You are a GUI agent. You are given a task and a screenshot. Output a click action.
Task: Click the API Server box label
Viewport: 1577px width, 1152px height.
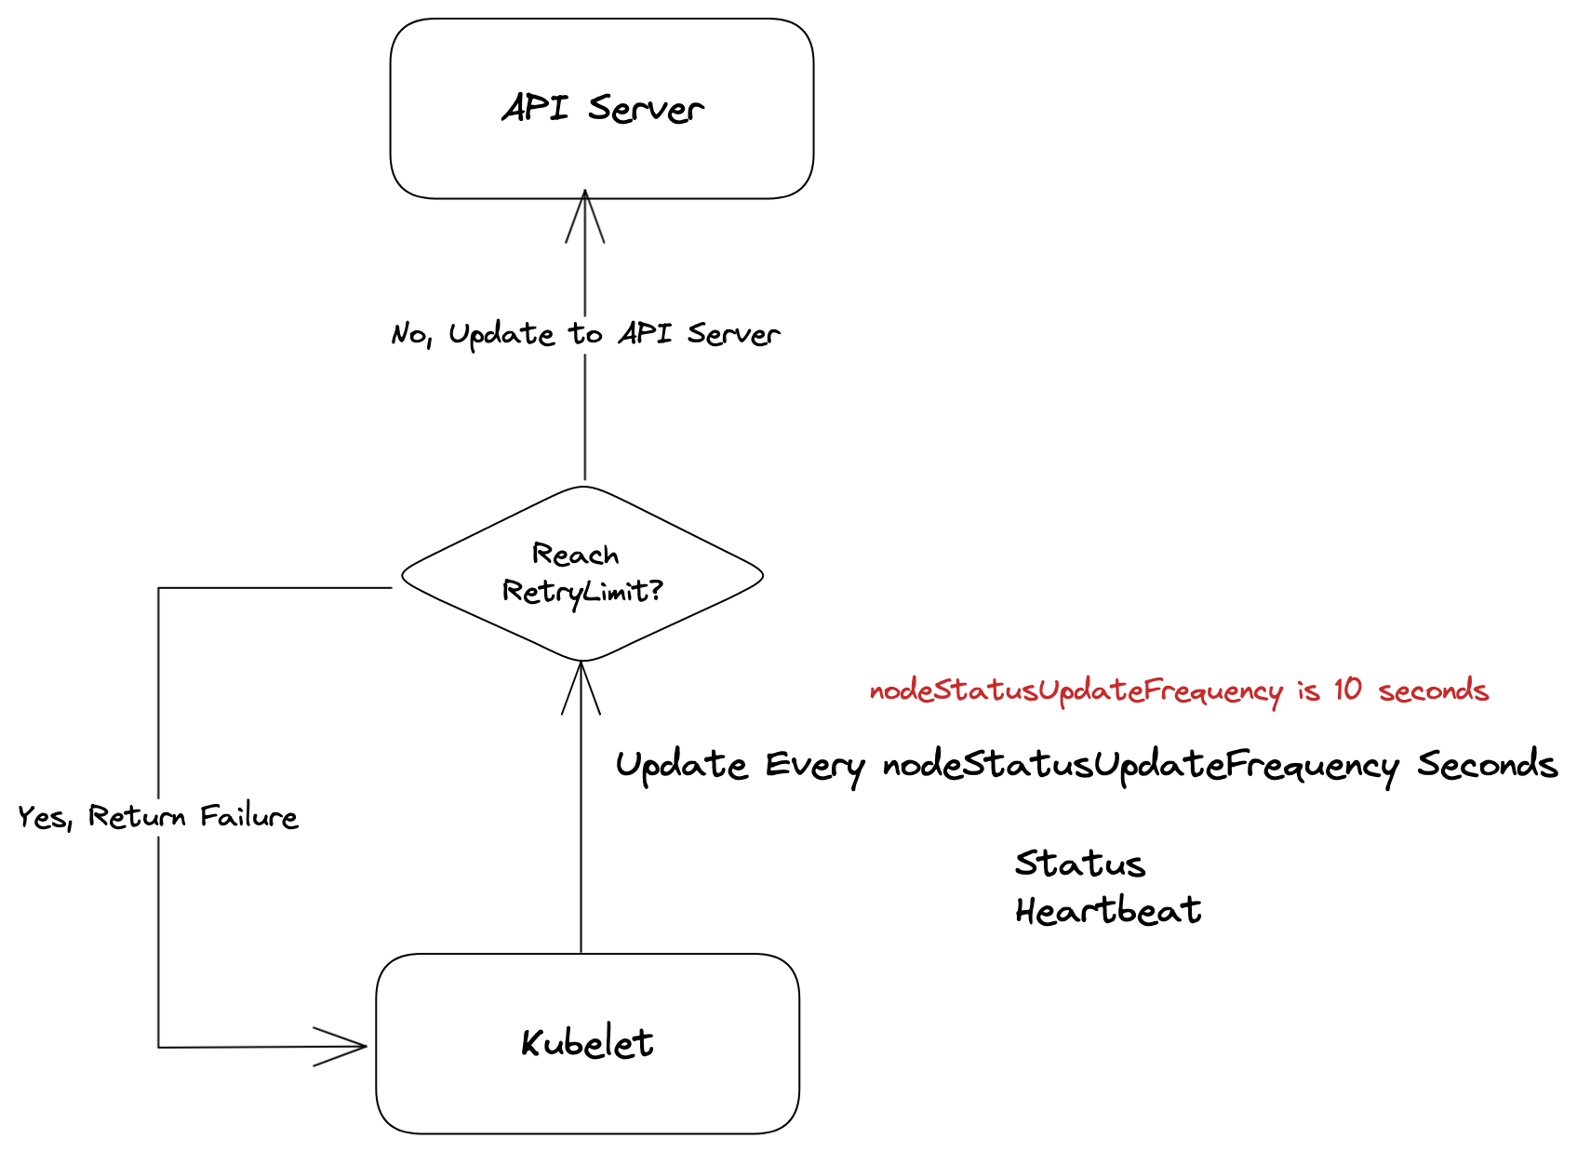coord(603,109)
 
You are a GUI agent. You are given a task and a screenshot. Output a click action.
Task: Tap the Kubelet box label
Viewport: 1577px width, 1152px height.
coord(587,1043)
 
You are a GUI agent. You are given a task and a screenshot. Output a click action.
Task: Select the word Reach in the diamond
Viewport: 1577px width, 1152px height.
coord(575,554)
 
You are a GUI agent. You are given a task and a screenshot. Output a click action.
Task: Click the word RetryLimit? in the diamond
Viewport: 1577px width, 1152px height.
coord(582,592)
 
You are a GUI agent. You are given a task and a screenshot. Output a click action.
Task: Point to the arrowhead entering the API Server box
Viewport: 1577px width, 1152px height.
coord(584,216)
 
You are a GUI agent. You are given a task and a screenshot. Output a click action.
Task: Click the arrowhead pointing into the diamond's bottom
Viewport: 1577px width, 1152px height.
coord(581,688)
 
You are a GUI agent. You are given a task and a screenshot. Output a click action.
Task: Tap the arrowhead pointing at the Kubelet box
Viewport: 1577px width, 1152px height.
coord(340,1046)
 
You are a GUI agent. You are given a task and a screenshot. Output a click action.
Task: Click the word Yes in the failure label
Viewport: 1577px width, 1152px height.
coord(45,818)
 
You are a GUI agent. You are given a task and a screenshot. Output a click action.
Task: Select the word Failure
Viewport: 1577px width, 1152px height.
coord(249,816)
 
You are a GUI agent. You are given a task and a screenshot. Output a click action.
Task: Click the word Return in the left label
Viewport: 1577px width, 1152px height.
coord(137,816)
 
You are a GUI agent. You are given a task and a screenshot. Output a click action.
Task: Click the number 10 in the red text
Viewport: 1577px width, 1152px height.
coord(1347,690)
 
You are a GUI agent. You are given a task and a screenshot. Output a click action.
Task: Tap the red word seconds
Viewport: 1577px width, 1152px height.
coord(1434,690)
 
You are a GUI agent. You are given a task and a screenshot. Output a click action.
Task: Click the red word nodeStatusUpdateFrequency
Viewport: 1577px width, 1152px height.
coord(1076,692)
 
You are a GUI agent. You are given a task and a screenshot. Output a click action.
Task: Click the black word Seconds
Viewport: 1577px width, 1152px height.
coord(1487,764)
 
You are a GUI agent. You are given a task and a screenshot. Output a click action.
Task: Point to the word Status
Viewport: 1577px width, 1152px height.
coord(1080,864)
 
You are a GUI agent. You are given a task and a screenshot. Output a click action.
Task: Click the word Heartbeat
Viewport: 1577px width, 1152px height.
coord(1108,910)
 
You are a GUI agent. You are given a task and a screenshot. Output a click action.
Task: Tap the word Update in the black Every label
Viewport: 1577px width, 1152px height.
coord(681,767)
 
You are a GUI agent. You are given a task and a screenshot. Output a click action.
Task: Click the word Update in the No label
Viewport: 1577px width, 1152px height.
coord(502,335)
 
